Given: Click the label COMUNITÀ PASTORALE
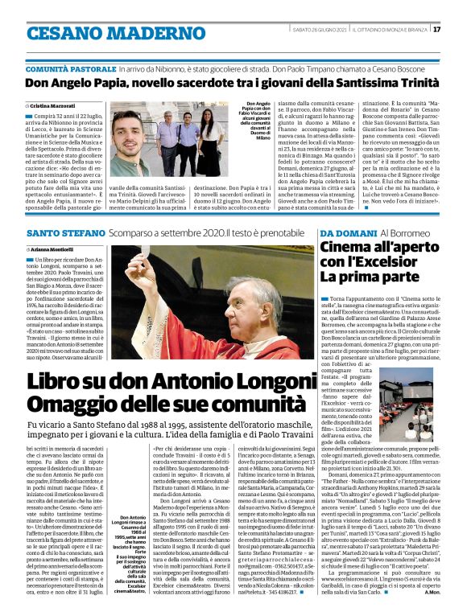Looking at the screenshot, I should click(70, 70).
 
